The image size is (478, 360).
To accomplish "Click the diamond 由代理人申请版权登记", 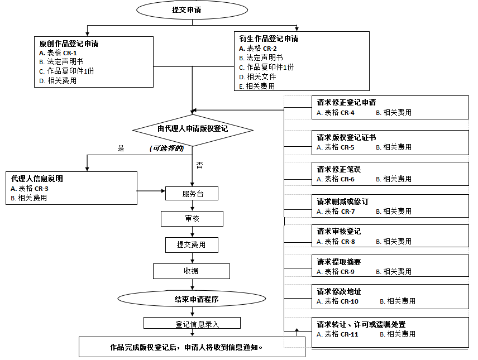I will [x=193, y=129].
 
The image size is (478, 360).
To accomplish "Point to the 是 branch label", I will [x=121, y=148].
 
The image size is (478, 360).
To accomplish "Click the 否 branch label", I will [x=199, y=165].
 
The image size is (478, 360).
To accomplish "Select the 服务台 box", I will [x=192, y=194].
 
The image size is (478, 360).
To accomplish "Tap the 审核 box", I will [x=192, y=219].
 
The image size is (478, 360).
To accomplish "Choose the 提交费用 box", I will [x=192, y=244].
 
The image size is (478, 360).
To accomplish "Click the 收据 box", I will [x=192, y=271].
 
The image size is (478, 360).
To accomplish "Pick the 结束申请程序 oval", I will [x=193, y=299].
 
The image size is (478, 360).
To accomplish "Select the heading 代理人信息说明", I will [x=37, y=179].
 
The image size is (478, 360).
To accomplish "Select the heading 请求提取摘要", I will [x=339, y=262].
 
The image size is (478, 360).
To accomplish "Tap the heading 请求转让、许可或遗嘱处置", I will [x=361, y=324].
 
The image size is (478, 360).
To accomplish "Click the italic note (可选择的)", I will [x=166, y=148].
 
